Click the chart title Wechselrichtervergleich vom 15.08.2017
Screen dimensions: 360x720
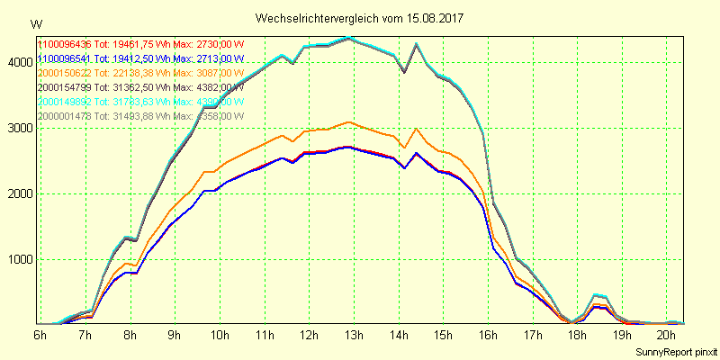tap(359, 18)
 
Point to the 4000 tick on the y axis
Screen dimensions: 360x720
tap(18, 62)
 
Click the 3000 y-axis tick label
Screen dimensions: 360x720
tap(18, 128)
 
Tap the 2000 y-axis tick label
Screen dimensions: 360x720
tap(18, 193)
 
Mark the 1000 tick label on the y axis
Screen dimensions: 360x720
tap(18, 259)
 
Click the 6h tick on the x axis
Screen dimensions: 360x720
tap(40, 335)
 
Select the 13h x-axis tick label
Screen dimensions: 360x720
tap(354, 335)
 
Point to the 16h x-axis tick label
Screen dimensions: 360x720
tap(488, 335)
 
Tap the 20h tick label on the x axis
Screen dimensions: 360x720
tap(667, 335)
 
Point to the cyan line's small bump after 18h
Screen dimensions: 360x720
tap(596, 294)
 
